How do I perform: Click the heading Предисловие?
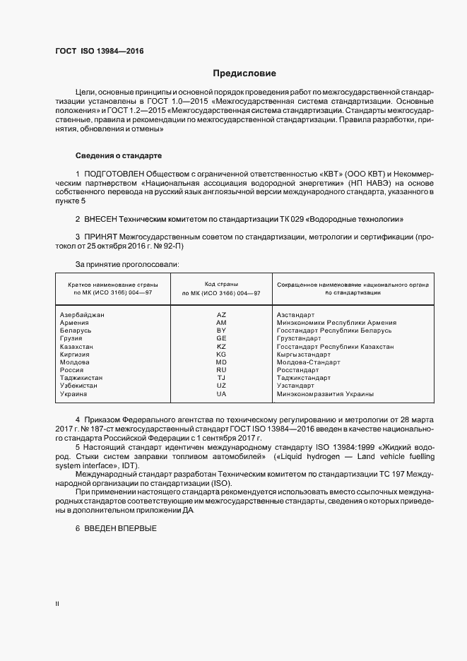coord(245,73)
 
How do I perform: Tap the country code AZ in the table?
coord(221,314)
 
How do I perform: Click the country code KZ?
coord(221,347)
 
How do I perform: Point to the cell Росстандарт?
coord(298,370)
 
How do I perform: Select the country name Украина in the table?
coord(74,394)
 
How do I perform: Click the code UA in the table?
coord(221,394)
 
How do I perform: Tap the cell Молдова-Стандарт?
coord(309,362)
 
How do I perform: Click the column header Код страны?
coord(221,283)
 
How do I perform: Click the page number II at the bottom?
coord(57,603)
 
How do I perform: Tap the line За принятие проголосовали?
coord(117,264)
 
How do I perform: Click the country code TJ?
coord(221,379)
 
